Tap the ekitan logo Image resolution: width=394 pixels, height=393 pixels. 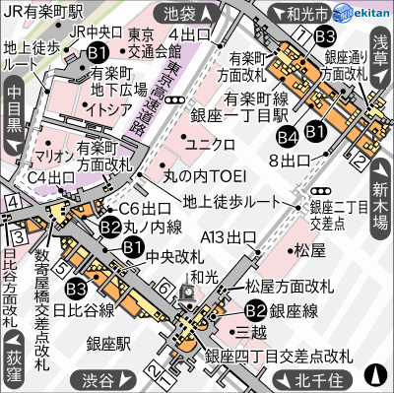[361, 13]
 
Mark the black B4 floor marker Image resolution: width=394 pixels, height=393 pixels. [287, 138]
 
